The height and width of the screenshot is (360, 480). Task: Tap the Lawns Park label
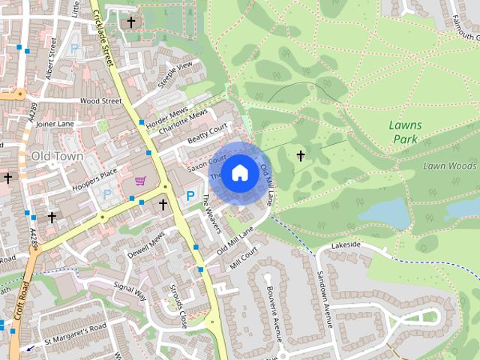(x=406, y=132)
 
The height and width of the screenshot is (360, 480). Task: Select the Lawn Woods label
(x=449, y=166)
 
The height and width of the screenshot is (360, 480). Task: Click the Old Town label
(x=55, y=156)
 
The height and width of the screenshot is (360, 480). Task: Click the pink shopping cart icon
(x=140, y=180)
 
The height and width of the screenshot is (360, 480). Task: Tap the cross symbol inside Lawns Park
(x=301, y=156)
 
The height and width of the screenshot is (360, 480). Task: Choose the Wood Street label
(x=100, y=100)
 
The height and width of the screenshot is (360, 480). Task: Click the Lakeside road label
(x=345, y=245)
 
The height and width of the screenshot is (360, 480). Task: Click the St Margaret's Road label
(x=75, y=329)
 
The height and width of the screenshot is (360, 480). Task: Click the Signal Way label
(x=129, y=291)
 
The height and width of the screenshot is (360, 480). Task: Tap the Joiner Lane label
(x=55, y=124)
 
